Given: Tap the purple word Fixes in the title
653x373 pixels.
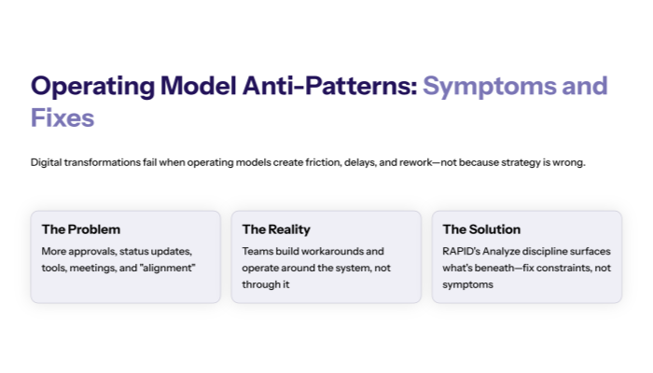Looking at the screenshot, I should click(63, 119).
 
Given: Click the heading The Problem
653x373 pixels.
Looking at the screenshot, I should click(81, 229).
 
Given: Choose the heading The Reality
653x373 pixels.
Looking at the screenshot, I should click(276, 229).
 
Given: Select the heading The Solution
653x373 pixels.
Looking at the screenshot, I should click(481, 229).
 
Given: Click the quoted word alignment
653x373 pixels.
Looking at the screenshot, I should click(169, 269).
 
